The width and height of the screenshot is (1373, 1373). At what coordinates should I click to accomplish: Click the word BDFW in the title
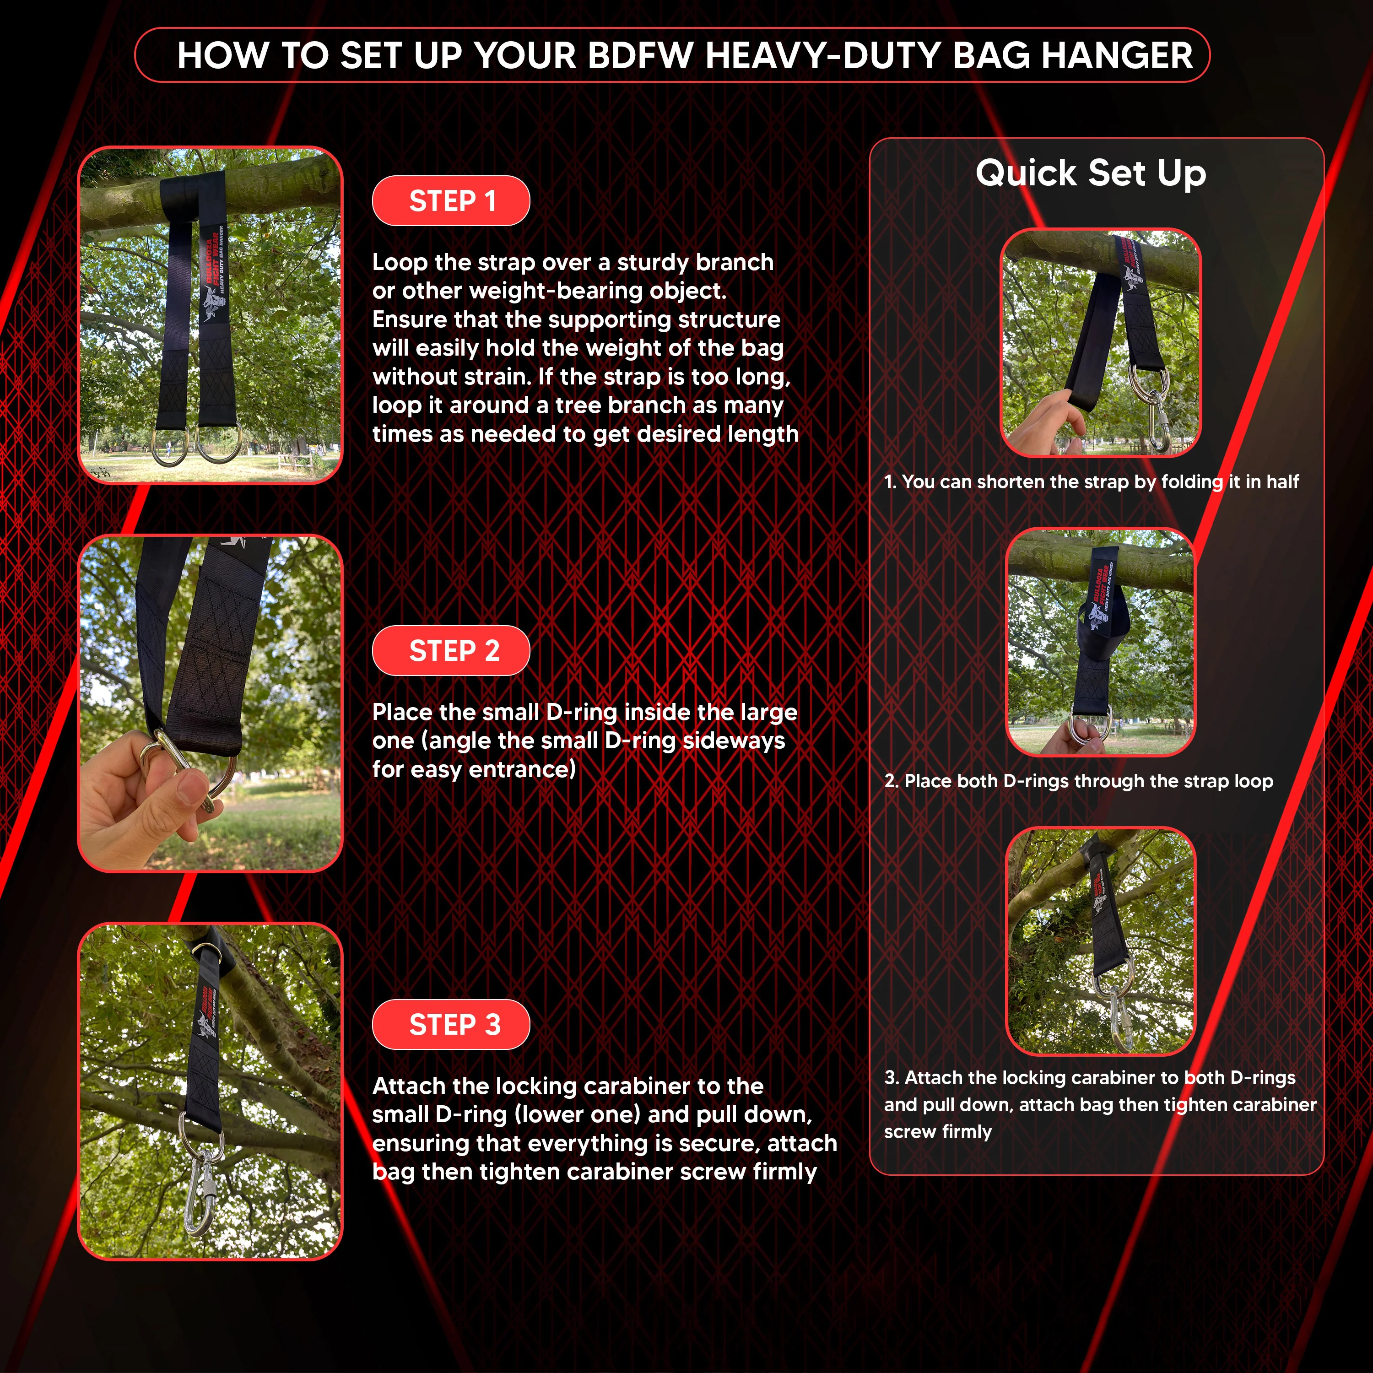pyautogui.click(x=640, y=55)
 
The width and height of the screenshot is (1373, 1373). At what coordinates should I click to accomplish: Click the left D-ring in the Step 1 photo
pyautogui.click(x=171, y=444)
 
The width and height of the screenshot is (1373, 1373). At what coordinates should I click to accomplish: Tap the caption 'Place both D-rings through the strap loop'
pyautogui.click(x=1078, y=781)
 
